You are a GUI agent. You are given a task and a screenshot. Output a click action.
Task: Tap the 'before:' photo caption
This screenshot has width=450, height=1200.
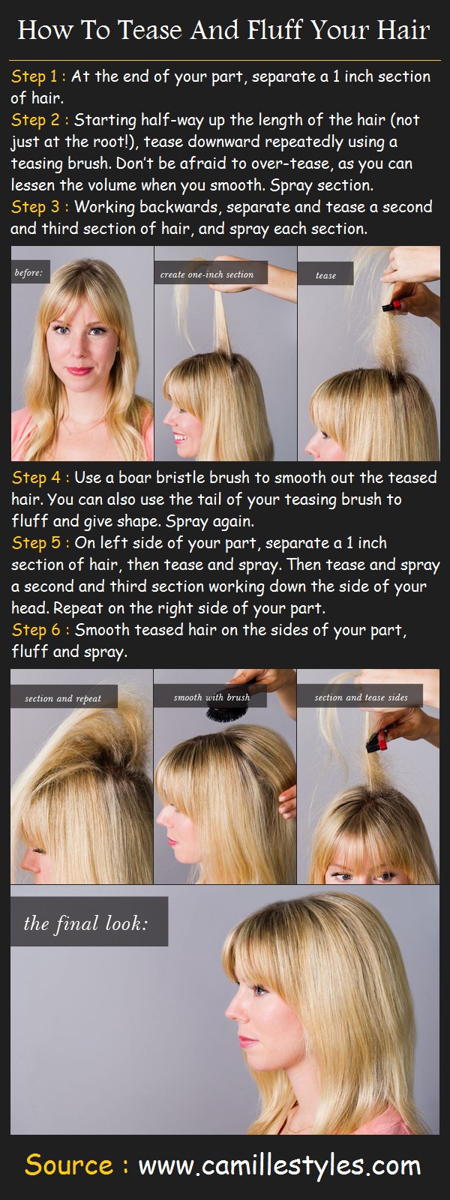click(x=28, y=273)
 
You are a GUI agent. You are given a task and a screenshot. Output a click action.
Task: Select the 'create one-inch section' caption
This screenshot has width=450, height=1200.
click(x=207, y=274)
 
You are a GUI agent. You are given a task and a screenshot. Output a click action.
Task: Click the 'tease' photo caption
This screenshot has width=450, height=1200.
click(x=325, y=275)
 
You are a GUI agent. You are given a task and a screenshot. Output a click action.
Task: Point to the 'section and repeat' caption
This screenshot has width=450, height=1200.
click(x=63, y=698)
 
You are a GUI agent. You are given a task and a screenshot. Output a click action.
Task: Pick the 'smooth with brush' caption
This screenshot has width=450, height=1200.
click(x=211, y=697)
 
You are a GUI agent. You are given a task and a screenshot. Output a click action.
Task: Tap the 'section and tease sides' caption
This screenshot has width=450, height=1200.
click(x=361, y=697)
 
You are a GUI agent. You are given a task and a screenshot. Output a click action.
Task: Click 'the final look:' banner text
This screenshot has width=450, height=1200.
click(x=85, y=923)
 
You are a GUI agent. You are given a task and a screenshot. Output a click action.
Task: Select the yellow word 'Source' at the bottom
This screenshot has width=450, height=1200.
click(x=69, y=1165)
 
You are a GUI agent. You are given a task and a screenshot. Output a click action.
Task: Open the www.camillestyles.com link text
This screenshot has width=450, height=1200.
click(x=279, y=1165)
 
